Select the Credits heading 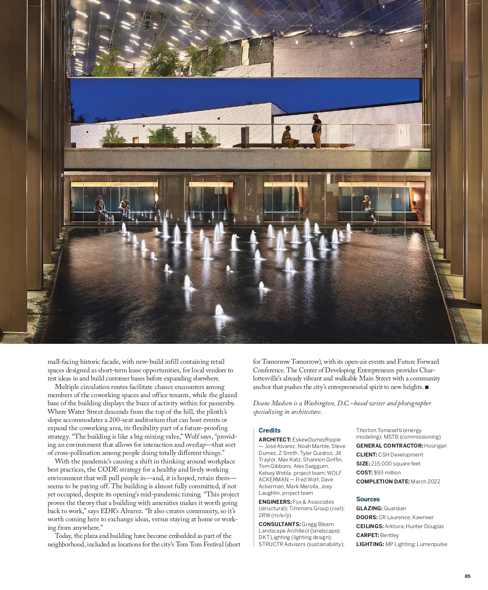pyautogui.click(x=270, y=430)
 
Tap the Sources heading pyautogui.click(x=368, y=499)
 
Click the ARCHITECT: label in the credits pyautogui.click(x=274, y=439)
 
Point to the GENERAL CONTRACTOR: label pyautogui.click(x=389, y=446)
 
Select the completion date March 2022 pyautogui.click(x=425, y=481)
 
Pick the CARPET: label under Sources pyautogui.click(x=367, y=535)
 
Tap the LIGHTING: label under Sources pyautogui.click(x=370, y=544)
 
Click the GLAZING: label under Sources pyautogui.click(x=369, y=508)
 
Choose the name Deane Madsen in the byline pyautogui.click(x=269, y=403)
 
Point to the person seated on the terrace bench pyautogui.click(x=289, y=138)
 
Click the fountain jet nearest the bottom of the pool pyautogui.click(x=220, y=311)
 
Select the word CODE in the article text pyautogui.click(x=108, y=470)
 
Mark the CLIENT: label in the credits pyautogui.click(x=366, y=455)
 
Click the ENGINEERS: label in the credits pyautogui.click(x=275, y=502)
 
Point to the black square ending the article pyautogui.click(x=427, y=387)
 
